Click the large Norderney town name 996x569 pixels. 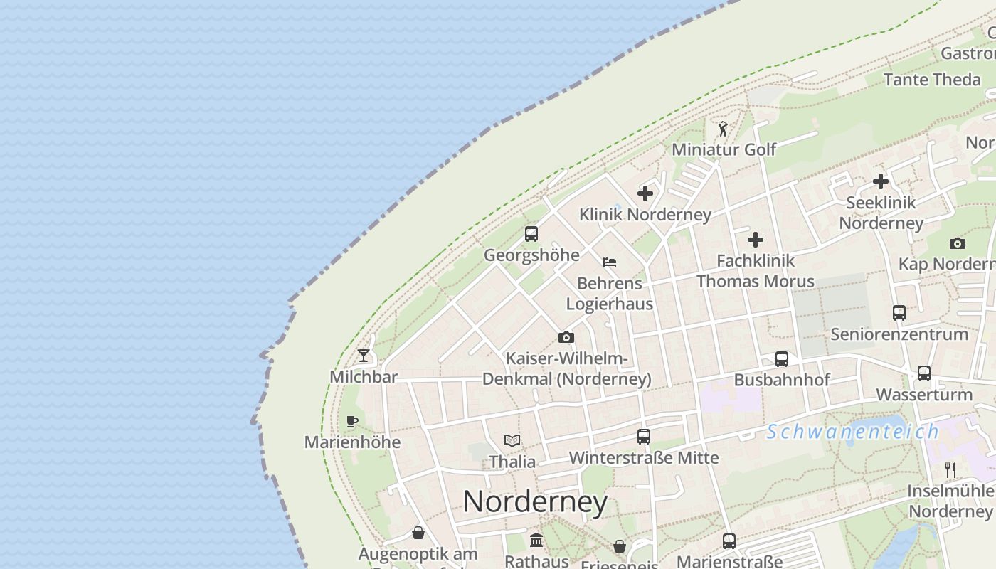click(535, 502)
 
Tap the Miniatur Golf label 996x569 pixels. click(724, 150)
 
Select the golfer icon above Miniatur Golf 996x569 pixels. click(723, 129)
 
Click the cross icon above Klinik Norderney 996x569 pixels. click(645, 193)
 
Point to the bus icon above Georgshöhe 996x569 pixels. click(531, 234)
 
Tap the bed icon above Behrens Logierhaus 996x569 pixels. click(610, 262)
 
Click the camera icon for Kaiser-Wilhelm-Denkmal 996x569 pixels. click(566, 338)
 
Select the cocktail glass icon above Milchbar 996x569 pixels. click(364, 356)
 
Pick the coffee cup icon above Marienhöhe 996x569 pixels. click(352, 421)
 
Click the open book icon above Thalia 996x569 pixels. click(512, 441)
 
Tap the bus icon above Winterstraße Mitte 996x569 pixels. click(644, 437)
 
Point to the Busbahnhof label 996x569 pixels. click(781, 380)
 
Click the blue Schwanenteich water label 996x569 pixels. click(852, 432)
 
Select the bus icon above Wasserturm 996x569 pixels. click(923, 373)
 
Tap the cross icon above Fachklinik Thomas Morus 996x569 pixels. click(756, 240)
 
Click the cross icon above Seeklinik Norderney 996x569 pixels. click(881, 181)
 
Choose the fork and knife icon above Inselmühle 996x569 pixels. click(950, 469)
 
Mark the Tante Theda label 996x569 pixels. click(931, 79)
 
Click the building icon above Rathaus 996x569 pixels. click(536, 541)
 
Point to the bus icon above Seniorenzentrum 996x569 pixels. click(899, 313)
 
